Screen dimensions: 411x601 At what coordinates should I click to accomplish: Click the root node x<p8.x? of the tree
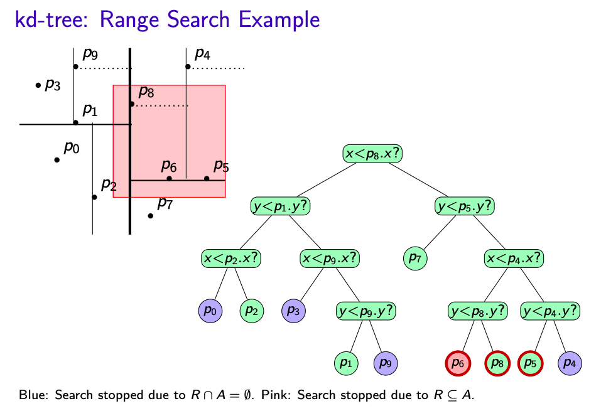(372, 154)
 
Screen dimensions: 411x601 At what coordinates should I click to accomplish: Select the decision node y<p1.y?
(281, 206)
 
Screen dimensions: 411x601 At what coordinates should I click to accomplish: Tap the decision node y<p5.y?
(464, 206)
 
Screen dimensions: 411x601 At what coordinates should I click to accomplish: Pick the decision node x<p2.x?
(231, 258)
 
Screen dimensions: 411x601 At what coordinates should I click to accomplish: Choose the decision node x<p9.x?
(330, 258)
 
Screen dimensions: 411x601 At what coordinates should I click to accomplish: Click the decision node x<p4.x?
(514, 258)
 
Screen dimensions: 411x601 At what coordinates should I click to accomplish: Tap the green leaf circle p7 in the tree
(414, 258)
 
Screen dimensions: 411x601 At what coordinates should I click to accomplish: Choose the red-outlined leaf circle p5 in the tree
(530, 362)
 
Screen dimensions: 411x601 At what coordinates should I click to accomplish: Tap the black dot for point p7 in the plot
(151, 216)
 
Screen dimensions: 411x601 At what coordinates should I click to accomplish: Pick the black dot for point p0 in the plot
(57, 160)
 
